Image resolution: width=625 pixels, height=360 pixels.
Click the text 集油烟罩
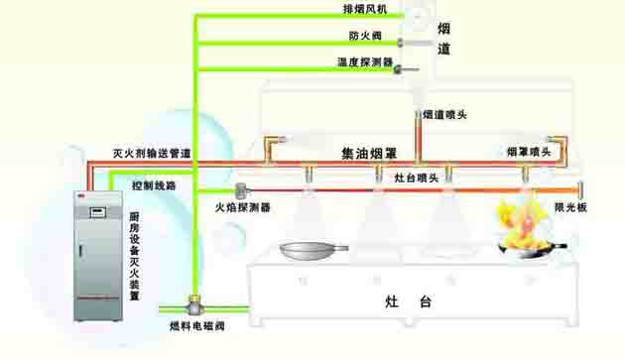click(369, 154)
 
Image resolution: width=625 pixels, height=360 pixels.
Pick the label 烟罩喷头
click(528, 152)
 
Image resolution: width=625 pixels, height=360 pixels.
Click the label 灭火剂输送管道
click(152, 154)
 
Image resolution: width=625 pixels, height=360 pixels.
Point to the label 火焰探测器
click(243, 208)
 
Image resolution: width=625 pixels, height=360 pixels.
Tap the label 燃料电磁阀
click(196, 326)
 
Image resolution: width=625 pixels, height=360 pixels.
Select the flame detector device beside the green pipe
click(241, 188)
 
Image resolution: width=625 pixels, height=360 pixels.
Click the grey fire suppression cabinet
click(100, 255)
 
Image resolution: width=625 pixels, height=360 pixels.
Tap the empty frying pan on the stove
click(312, 250)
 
